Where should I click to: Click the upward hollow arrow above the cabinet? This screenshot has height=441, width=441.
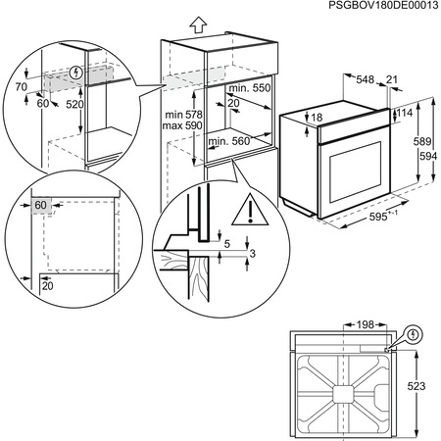click(197, 22)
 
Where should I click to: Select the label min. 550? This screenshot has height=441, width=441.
click(248, 87)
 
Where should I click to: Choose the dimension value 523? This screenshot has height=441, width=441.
click(417, 387)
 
